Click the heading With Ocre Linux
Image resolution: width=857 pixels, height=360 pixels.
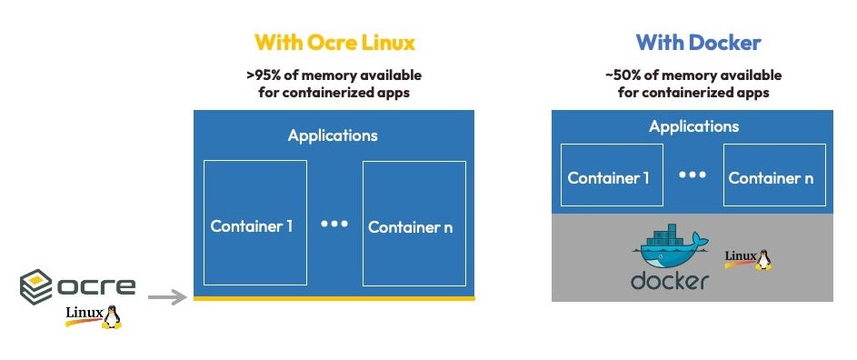334,43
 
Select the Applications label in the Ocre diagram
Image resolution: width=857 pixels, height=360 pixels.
333,136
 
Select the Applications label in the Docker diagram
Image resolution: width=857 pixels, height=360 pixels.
693,127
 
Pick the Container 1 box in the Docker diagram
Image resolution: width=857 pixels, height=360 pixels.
609,177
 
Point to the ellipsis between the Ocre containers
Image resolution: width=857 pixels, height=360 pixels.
334,223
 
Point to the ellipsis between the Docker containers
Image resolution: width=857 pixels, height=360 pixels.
693,174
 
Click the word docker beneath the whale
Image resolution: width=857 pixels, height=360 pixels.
670,280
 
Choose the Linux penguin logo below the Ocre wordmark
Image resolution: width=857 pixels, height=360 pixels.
94,316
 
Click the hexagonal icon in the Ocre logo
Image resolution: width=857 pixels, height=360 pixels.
37,287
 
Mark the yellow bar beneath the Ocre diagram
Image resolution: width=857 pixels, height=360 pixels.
334,297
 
